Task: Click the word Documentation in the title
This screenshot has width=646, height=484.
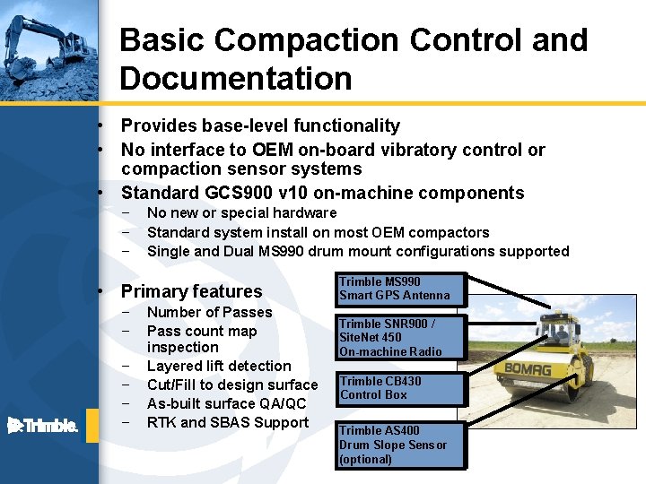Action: click(x=235, y=79)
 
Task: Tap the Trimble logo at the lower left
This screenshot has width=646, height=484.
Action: click(x=42, y=425)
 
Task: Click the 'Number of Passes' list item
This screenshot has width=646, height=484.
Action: click(x=209, y=312)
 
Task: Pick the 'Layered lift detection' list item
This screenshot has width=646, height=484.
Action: click(x=219, y=366)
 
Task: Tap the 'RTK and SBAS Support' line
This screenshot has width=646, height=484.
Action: click(x=228, y=422)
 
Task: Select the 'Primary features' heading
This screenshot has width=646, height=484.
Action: click(x=191, y=291)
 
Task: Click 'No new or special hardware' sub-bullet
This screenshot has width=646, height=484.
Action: click(x=241, y=212)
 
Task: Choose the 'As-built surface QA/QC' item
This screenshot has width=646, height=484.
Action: click(x=226, y=403)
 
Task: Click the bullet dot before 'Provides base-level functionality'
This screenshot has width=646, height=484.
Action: click(x=104, y=126)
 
